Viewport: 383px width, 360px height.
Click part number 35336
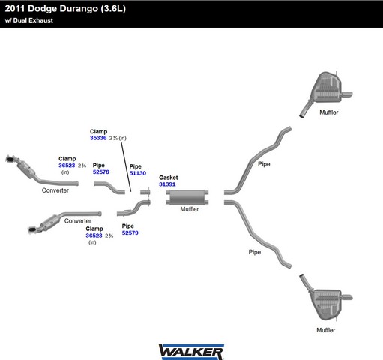pyautogui.click(x=98, y=138)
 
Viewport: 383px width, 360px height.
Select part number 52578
pyautogui.click(x=101, y=172)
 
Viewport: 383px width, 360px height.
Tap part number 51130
pyautogui.click(x=138, y=173)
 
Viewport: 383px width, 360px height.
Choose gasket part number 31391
pyautogui.click(x=167, y=184)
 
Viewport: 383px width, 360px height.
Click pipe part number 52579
pyautogui.click(x=130, y=232)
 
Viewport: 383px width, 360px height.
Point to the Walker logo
pyautogui.click(x=191, y=352)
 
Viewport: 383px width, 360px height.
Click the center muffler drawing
pyautogui.click(x=187, y=197)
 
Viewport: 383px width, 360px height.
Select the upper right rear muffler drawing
pyautogui.click(x=326, y=94)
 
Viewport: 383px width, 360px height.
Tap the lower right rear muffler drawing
pyautogui.click(x=326, y=297)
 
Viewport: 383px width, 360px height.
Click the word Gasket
pyautogui.click(x=169, y=178)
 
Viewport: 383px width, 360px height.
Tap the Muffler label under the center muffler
pyautogui.click(x=190, y=209)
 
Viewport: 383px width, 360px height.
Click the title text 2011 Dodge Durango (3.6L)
pyautogui.click(x=65, y=9)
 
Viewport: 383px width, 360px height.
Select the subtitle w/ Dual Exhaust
pyautogui.click(x=29, y=20)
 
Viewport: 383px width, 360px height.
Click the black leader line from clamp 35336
pyautogui.click(x=126, y=166)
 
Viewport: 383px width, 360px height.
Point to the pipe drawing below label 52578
pyautogui.click(x=109, y=188)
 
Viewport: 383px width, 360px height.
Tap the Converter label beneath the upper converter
pyautogui.click(x=55, y=190)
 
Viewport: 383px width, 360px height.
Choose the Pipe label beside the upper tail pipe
pyautogui.click(x=264, y=164)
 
